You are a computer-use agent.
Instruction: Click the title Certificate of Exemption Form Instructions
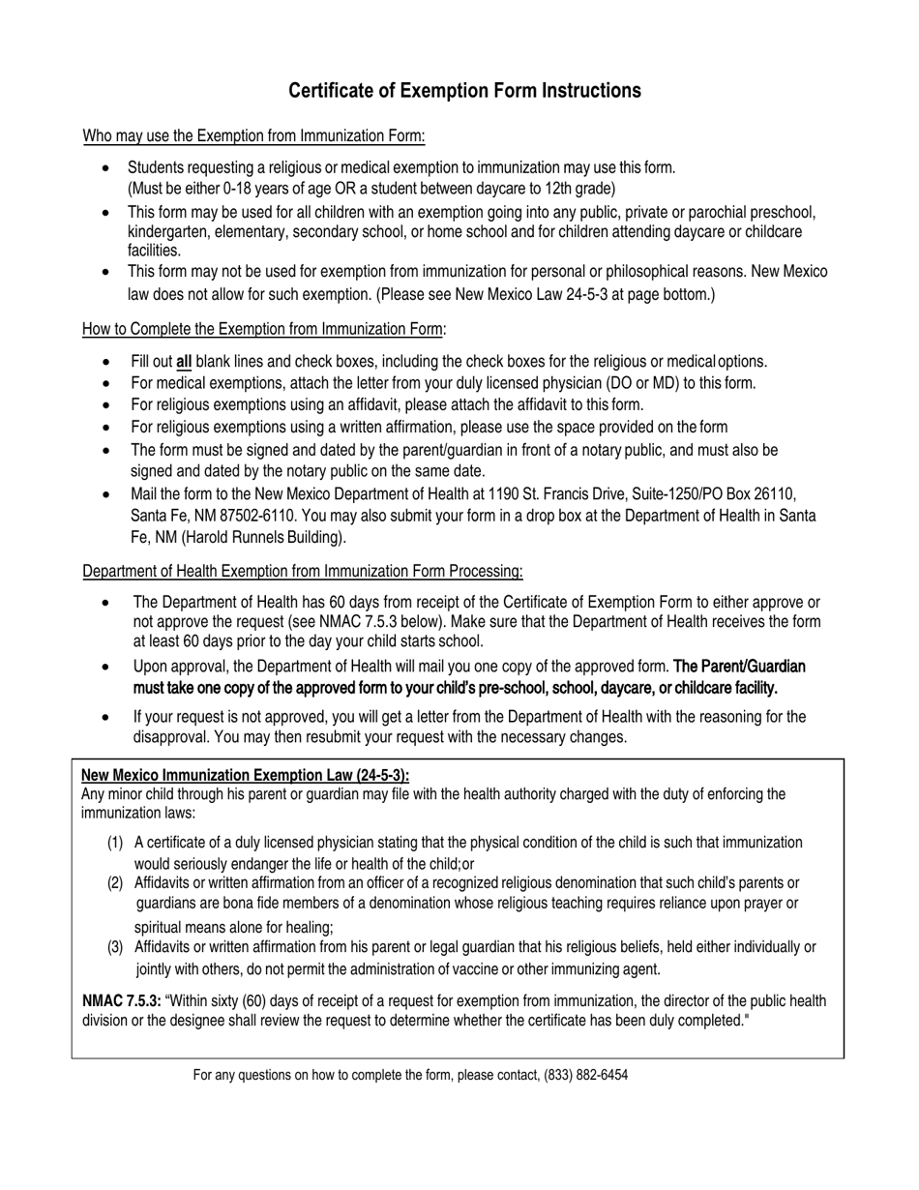point(464,91)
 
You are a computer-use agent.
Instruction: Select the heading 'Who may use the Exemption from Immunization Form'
point(253,135)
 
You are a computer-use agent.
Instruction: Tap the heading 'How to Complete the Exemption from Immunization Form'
point(264,329)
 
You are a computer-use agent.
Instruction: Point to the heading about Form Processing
point(303,571)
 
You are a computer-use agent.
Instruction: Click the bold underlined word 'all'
point(183,362)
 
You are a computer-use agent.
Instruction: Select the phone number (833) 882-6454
point(585,1075)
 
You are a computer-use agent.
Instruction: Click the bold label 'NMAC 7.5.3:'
point(122,1001)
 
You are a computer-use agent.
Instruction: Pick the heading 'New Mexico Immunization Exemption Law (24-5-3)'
point(245,775)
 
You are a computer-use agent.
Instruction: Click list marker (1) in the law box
point(115,843)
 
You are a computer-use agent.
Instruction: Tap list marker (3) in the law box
point(115,947)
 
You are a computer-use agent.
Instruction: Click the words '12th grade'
point(579,189)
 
